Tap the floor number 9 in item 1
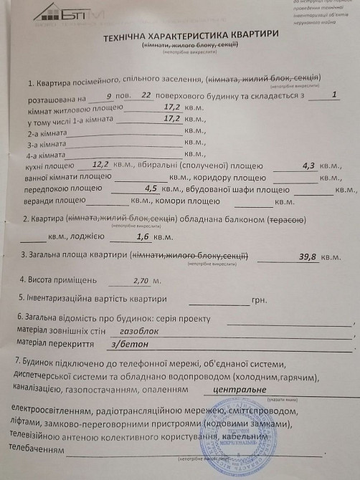[x=108, y=95]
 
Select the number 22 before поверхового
[x=147, y=95]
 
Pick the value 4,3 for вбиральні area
[x=308, y=165]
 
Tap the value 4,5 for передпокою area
[x=151, y=189]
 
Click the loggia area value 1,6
[x=143, y=237]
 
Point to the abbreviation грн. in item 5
[x=261, y=301]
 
